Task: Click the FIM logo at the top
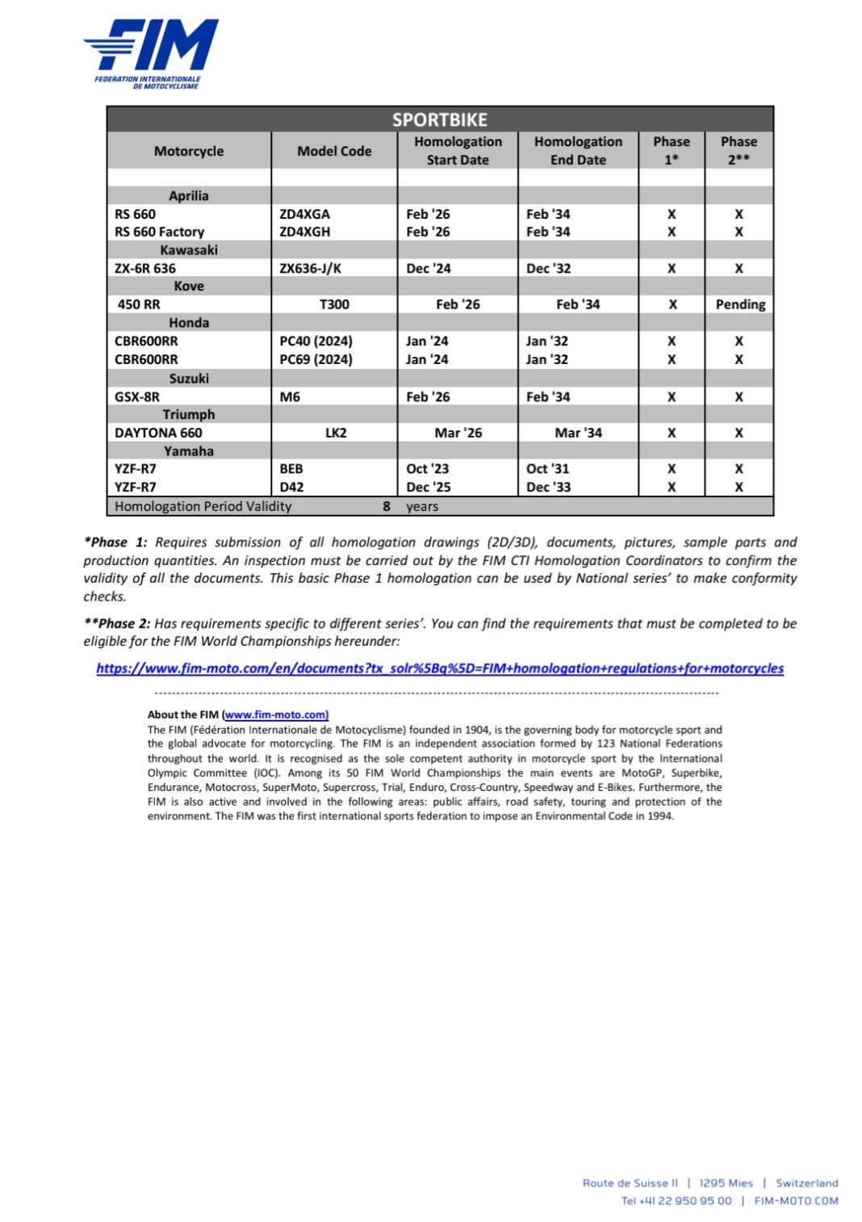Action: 151,53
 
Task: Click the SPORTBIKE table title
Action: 440,119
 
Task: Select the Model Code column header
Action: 334,151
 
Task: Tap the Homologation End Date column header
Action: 578,151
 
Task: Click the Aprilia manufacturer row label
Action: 189,195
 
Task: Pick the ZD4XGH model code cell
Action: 304,232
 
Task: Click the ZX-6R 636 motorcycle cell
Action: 145,268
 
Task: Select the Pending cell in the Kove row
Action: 740,304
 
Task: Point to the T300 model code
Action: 334,304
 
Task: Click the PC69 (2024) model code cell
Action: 316,359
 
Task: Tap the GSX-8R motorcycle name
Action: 137,397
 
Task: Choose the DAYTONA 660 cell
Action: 158,433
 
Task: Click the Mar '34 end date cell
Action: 578,433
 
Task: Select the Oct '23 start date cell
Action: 428,469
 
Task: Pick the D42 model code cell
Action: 291,488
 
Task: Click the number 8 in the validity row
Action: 387,507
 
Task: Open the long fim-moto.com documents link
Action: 440,668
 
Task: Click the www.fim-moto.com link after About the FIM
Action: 276,714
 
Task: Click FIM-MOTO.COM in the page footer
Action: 796,1201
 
